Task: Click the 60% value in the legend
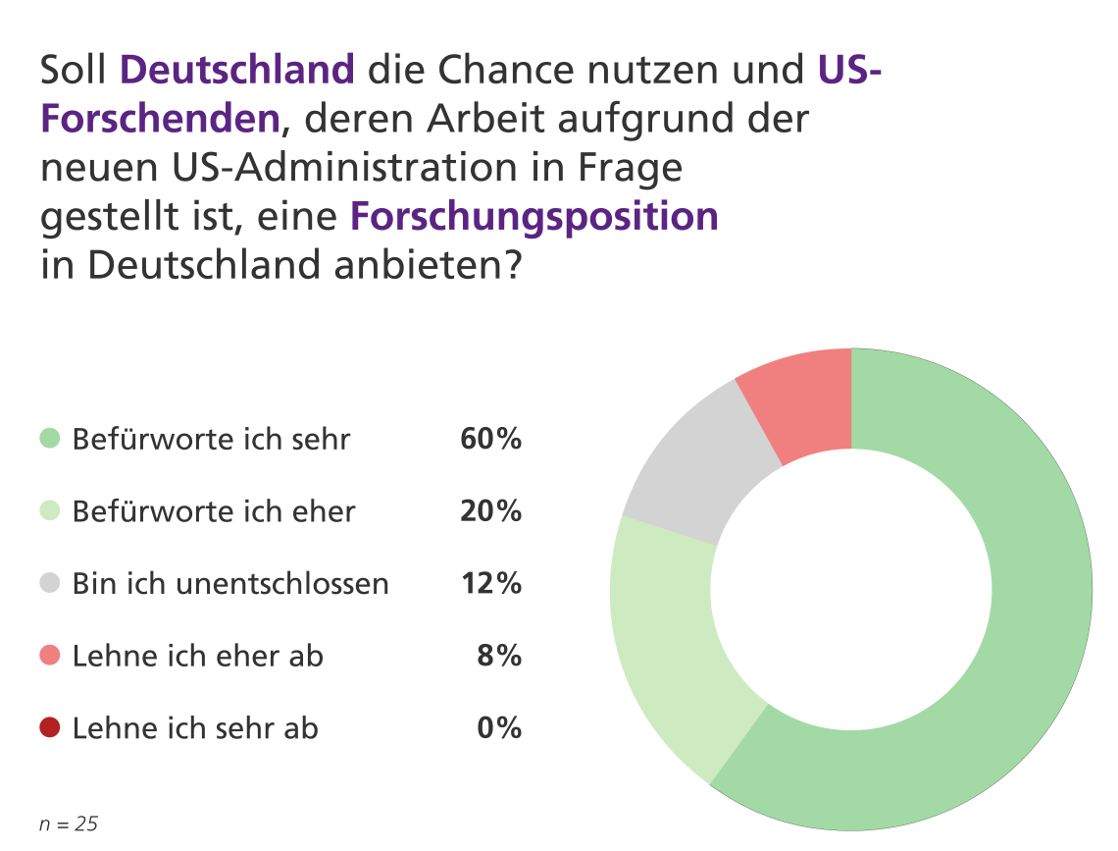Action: point(490,439)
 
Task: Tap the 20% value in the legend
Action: point(490,511)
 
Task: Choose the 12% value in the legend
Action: point(490,584)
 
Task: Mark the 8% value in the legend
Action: point(499,656)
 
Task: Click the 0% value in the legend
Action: point(499,728)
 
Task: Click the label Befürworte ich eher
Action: point(214,511)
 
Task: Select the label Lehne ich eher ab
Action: point(197,656)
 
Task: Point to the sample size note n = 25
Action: point(69,824)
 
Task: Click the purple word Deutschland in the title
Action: point(236,70)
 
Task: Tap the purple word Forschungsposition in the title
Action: point(534,216)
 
